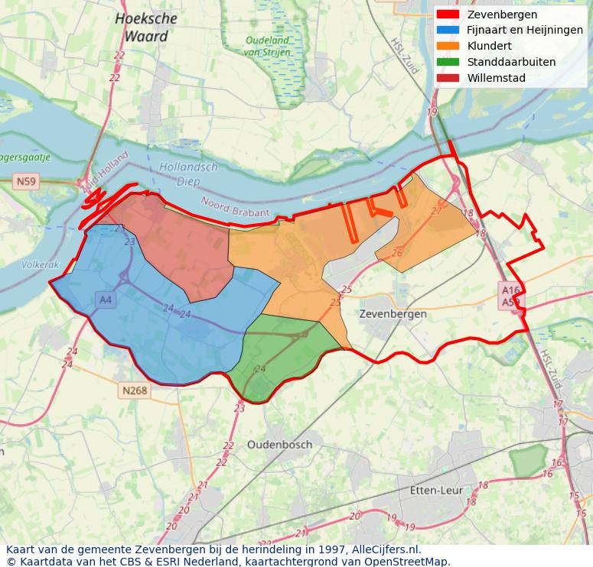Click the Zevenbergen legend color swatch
click(448, 15)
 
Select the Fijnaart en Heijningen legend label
click(525, 31)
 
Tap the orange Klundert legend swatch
click(448, 46)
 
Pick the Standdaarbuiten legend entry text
click(511, 62)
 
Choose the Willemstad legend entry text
click(496, 78)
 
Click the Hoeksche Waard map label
click(146, 27)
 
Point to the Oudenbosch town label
click(279, 445)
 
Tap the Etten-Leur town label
click(437, 490)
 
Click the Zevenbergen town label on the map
click(393, 314)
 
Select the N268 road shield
click(134, 390)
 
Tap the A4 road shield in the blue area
click(106, 300)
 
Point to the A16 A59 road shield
click(510, 296)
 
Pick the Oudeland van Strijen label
click(267, 47)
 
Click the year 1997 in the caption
click(334, 549)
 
